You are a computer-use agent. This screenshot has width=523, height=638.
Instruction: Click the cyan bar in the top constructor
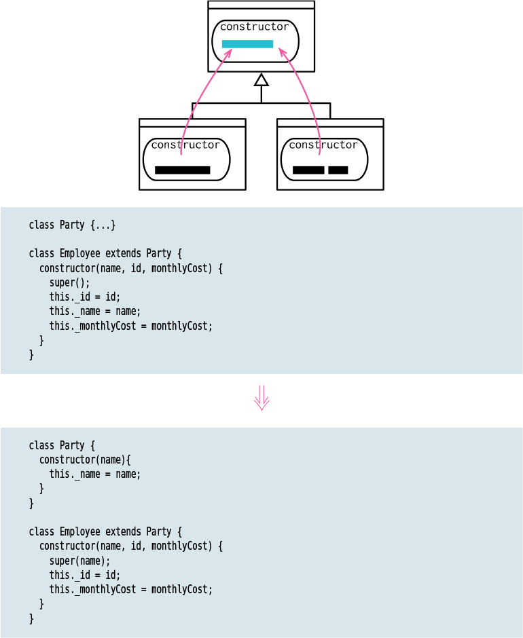click(x=247, y=44)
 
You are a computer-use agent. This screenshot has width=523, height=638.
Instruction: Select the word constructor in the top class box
click(x=254, y=27)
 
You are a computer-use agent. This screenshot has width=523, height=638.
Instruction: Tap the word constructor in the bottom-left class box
click(x=185, y=145)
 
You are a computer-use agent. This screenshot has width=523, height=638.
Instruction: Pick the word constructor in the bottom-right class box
click(x=323, y=145)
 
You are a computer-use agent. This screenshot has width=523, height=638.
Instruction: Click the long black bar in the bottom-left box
click(x=182, y=170)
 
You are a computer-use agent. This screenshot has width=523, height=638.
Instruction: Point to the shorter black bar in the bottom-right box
click(x=338, y=170)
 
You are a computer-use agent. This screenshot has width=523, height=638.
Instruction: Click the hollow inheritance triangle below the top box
click(x=261, y=80)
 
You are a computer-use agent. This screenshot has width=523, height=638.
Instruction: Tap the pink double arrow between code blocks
click(x=261, y=398)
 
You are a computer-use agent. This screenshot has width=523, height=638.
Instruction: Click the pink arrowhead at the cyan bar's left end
click(x=228, y=52)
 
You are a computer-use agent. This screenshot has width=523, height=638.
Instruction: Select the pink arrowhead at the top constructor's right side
click(x=283, y=52)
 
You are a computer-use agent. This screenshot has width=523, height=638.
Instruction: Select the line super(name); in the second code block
click(x=79, y=561)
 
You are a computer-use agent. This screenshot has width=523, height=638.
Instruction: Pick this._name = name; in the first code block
click(x=94, y=312)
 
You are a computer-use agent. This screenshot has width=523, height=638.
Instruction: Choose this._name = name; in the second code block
click(x=94, y=474)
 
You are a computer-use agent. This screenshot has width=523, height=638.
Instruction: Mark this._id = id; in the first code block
click(x=84, y=297)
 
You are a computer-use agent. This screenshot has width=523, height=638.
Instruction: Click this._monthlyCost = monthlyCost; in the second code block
click(x=130, y=589)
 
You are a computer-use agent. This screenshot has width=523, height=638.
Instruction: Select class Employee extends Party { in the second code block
click(x=105, y=531)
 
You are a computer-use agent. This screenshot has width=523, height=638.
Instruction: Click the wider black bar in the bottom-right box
click(x=308, y=170)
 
